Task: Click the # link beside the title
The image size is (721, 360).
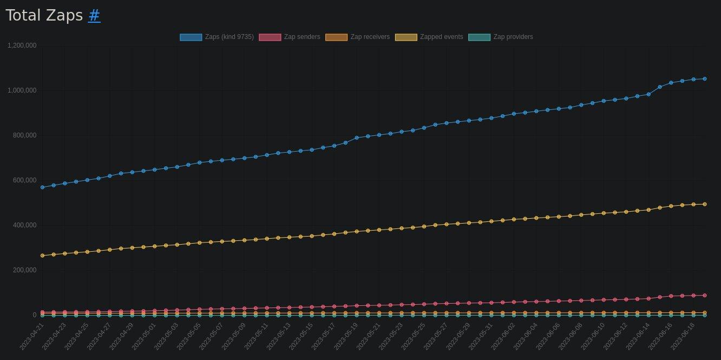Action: point(94,16)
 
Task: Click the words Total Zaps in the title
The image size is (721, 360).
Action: point(44,16)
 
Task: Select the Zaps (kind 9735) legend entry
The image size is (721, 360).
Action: point(217,37)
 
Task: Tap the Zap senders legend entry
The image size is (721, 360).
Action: point(290,37)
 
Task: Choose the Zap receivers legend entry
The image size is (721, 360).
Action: point(357,37)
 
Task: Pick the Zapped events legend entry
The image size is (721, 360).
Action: point(429,37)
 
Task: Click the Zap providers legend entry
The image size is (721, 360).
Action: point(501,37)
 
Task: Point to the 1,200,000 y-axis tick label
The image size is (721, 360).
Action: point(22,45)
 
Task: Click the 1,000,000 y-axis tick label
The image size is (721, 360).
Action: point(22,90)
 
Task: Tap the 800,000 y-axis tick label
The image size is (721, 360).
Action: point(24,135)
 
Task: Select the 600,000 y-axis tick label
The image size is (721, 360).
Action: point(24,180)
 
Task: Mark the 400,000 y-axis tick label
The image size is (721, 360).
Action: point(24,225)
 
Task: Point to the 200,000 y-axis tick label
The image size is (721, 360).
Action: point(24,270)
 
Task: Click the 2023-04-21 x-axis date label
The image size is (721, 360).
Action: point(31,336)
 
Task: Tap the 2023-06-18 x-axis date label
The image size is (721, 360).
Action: point(683,336)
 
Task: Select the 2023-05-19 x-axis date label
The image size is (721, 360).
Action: point(346,336)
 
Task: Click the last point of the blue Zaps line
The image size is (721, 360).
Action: point(704,79)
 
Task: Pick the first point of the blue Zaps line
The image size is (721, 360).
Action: point(42,187)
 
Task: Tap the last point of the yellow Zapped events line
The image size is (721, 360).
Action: point(704,204)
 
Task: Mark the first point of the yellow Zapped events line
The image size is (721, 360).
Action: point(42,256)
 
